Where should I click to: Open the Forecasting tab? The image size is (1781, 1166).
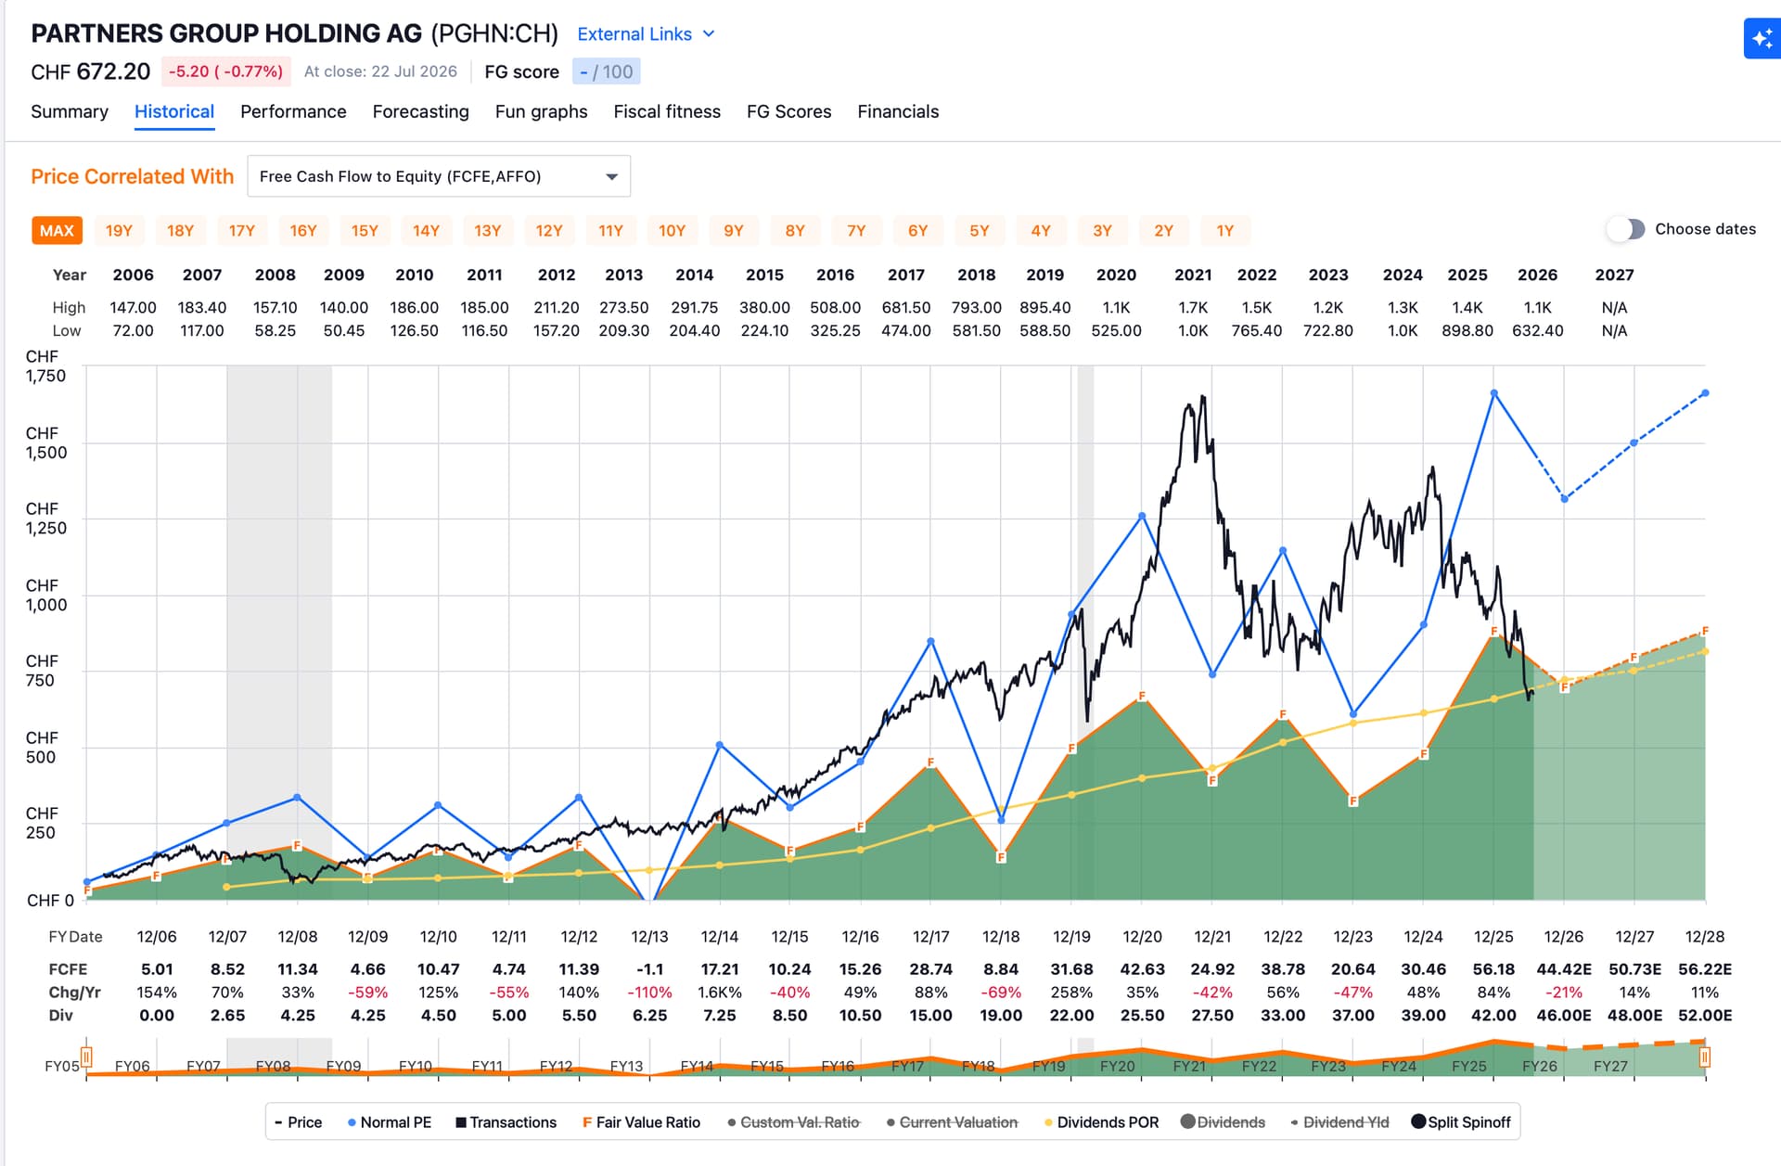click(420, 111)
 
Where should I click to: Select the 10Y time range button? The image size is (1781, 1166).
click(672, 230)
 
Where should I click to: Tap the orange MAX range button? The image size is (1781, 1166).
click(57, 230)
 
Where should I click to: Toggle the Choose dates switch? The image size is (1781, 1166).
click(1626, 229)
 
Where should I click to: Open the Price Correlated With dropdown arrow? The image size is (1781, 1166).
click(612, 176)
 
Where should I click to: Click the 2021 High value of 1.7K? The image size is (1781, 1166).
click(1193, 307)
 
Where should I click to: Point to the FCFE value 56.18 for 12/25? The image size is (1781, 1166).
click(1493, 968)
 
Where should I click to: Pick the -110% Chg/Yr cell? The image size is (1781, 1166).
click(649, 992)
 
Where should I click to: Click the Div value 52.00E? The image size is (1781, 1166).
click(1705, 1015)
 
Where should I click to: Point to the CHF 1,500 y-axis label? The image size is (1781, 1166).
click(45, 443)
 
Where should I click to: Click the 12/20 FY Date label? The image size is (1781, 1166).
click(1142, 937)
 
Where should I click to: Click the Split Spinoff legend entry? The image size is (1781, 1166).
click(1461, 1122)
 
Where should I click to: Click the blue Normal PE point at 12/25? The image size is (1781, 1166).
click(1493, 393)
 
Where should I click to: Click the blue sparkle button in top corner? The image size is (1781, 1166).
click(1762, 39)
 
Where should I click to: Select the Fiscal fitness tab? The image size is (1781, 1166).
click(667, 111)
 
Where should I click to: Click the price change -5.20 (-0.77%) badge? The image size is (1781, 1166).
click(225, 71)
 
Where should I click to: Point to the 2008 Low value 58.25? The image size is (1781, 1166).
click(275, 330)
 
